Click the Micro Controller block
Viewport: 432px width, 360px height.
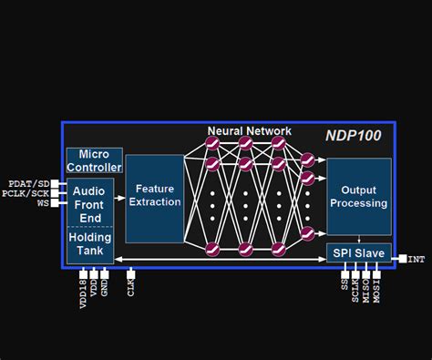click(x=94, y=161)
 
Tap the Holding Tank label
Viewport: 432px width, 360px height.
click(x=89, y=243)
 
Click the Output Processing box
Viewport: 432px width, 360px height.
click(x=359, y=197)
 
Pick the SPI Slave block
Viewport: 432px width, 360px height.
click(x=359, y=252)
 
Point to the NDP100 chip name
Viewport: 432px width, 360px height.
click(x=354, y=136)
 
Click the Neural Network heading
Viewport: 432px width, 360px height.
click(x=249, y=131)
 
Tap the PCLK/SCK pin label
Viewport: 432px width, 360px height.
click(x=27, y=193)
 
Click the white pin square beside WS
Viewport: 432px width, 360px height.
click(x=55, y=203)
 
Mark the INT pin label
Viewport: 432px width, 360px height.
click(x=416, y=260)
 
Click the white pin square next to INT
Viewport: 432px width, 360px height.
click(x=401, y=260)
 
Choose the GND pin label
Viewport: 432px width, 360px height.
click(x=106, y=288)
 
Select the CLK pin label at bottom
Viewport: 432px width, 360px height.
click(x=131, y=288)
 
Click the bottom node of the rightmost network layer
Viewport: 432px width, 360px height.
click(x=307, y=234)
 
